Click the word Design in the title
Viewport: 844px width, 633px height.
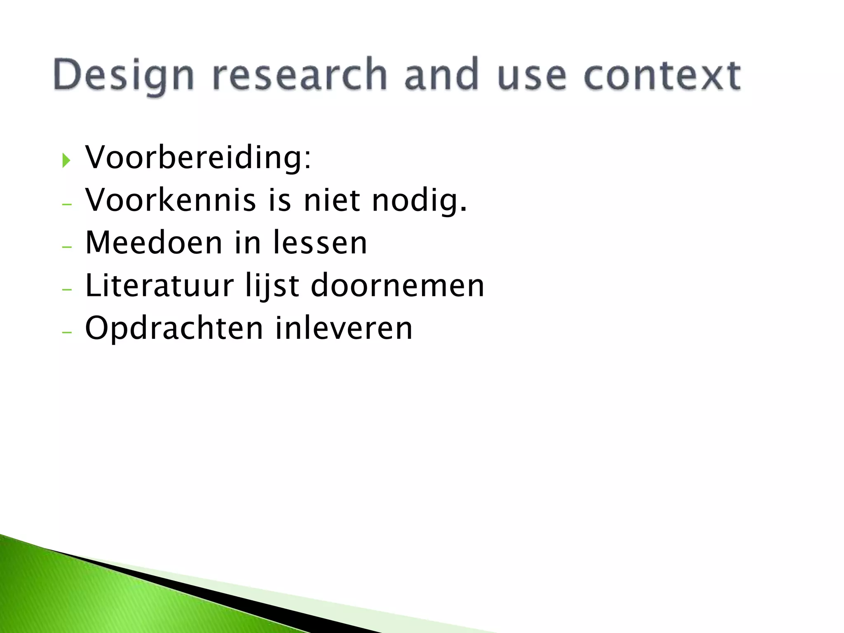pos(124,75)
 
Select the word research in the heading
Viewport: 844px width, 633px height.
pos(300,75)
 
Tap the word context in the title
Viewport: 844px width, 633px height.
pos(662,75)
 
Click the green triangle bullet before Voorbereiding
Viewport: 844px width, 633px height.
pos(66,160)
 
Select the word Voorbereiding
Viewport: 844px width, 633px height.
pos(198,158)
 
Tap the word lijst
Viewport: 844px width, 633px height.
pos(272,286)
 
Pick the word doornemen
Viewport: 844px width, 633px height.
pos(397,286)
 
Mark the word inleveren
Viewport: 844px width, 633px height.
pos(344,328)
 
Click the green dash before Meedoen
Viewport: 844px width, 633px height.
pos(67,247)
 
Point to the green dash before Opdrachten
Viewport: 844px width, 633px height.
pos(67,332)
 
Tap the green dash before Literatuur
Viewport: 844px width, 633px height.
pos(67,289)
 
